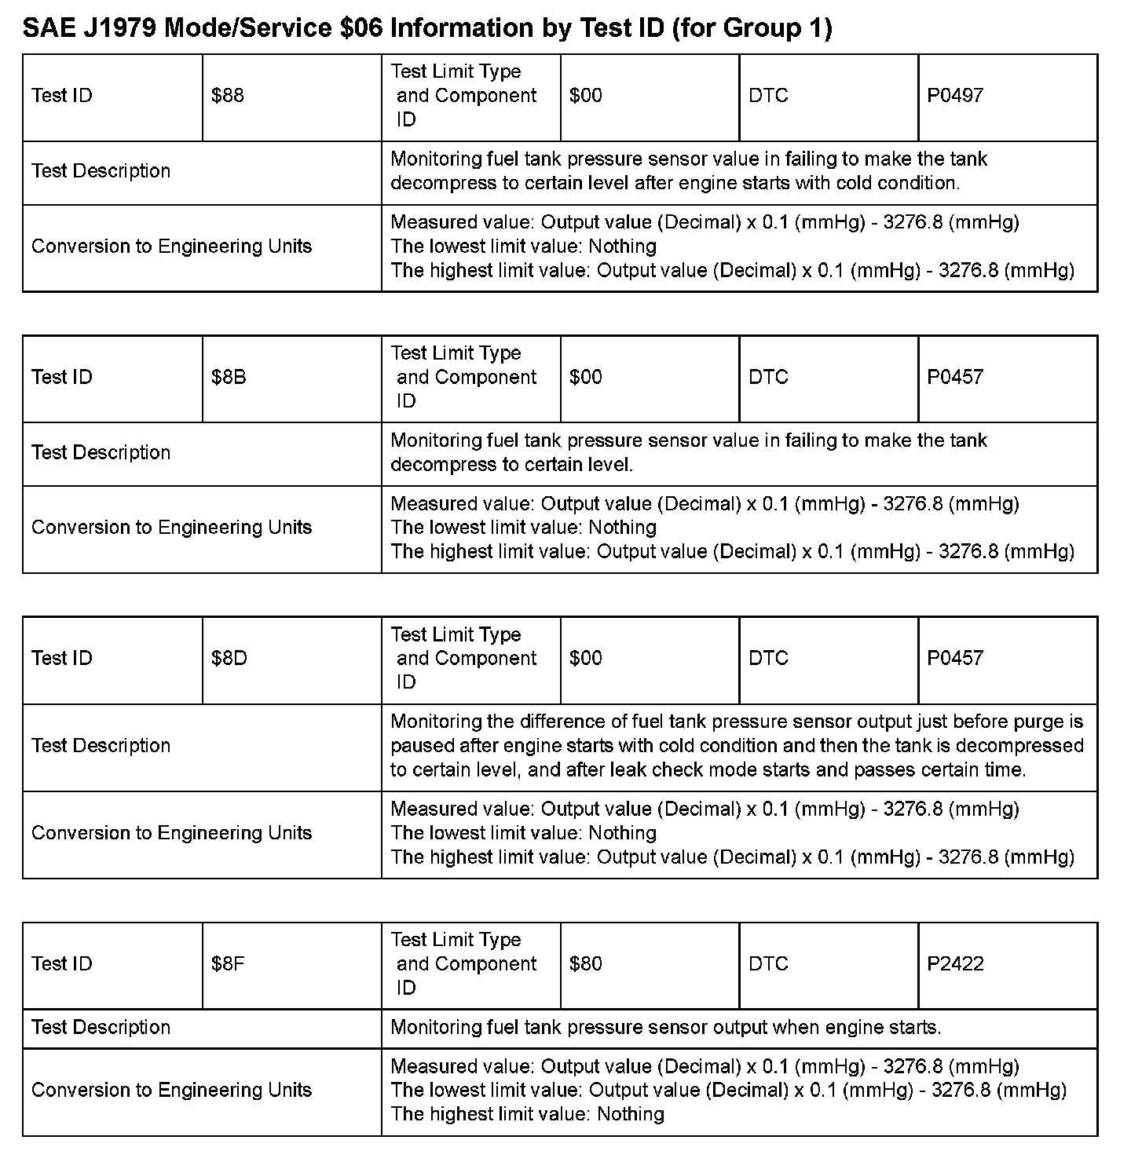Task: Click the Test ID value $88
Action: click(x=228, y=96)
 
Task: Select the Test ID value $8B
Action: click(x=229, y=377)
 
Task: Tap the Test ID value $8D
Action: click(x=229, y=658)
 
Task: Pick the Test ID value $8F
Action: click(x=228, y=963)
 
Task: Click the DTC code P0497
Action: click(x=955, y=96)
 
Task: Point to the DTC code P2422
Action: click(x=955, y=963)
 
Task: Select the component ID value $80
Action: click(x=586, y=963)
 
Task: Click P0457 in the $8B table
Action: click(x=955, y=377)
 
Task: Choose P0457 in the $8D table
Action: click(x=955, y=658)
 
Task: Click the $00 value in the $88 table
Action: click(x=586, y=96)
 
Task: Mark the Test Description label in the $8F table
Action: click(x=101, y=1027)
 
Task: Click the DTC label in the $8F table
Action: click(x=768, y=963)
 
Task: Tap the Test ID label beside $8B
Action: click(x=62, y=377)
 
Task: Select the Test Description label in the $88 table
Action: click(x=101, y=171)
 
